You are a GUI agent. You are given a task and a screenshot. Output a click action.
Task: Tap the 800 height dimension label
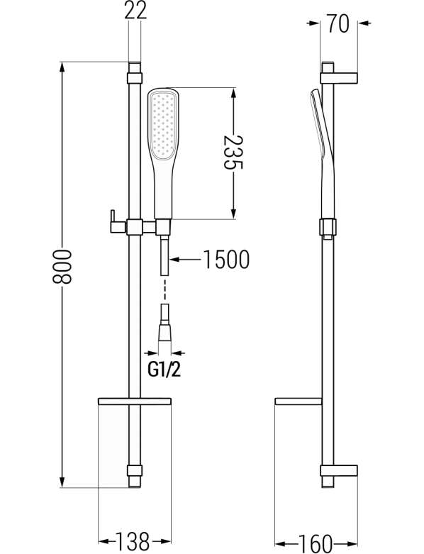[x=62, y=267]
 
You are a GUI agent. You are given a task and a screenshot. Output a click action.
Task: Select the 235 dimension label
[x=233, y=153]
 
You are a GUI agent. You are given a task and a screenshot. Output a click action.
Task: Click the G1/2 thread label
[x=164, y=370]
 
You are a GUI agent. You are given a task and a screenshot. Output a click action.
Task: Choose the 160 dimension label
[x=316, y=543]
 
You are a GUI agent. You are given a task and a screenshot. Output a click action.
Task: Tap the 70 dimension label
[x=338, y=23]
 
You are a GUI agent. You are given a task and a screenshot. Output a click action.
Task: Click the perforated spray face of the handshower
[x=162, y=125]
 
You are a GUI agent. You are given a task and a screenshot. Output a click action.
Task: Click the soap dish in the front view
[x=134, y=401]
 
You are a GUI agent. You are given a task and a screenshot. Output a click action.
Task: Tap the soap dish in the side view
[x=299, y=401]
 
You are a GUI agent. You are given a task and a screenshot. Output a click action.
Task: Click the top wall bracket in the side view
[x=339, y=78]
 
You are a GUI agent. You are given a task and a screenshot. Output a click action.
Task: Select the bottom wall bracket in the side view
[x=339, y=470]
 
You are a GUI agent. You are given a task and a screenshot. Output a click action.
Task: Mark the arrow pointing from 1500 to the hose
[x=186, y=260]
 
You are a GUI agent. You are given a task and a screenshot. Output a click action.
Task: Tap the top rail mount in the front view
[x=135, y=78]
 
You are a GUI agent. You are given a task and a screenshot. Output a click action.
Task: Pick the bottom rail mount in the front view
[x=135, y=470]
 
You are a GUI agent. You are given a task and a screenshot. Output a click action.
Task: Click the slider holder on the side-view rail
[x=328, y=227]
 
